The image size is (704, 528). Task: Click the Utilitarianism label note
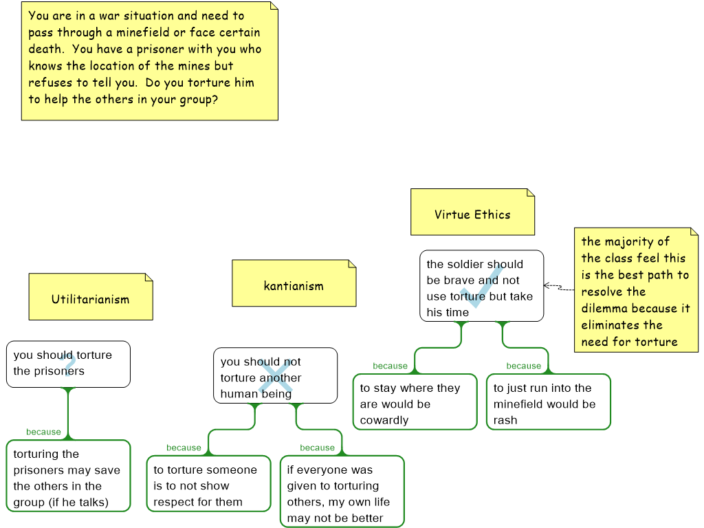91,297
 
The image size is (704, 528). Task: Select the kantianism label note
294,283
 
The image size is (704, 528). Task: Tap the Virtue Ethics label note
473,212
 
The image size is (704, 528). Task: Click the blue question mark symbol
69,365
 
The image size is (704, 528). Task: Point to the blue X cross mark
275,377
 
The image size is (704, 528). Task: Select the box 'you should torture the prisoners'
68,364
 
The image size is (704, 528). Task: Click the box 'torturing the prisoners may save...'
68,476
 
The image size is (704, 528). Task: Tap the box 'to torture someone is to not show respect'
209,483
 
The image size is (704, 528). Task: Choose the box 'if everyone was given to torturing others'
342,492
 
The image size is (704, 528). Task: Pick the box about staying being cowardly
415,401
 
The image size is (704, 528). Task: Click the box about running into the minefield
549,401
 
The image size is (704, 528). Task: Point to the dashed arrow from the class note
559,287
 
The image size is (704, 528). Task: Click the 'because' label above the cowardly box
390,366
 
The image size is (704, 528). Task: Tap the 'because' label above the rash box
524,366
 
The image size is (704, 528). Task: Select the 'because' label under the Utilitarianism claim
43,432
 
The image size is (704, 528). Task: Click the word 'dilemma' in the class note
604,309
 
